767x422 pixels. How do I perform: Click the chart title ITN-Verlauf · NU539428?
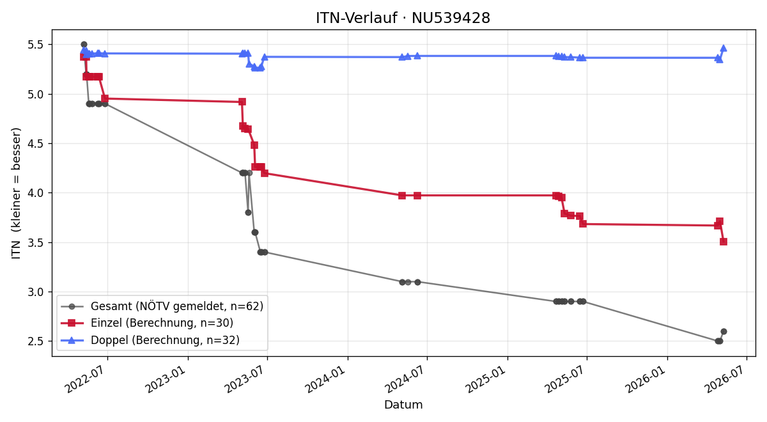point(403,18)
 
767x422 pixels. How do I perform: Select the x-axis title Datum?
point(403,405)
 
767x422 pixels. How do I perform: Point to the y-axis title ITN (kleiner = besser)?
point(16,193)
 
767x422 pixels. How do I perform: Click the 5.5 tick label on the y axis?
point(36,45)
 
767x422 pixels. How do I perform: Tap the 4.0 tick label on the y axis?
point(36,193)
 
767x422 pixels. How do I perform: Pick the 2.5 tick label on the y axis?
point(36,341)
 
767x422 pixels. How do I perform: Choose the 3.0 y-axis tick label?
point(36,292)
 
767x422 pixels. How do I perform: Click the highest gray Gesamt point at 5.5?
point(84,45)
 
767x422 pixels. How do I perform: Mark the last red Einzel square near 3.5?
point(724,242)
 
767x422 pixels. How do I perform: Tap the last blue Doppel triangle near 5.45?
point(724,49)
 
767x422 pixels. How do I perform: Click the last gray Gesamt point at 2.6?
point(724,332)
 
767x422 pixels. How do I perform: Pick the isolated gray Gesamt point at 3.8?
point(248,213)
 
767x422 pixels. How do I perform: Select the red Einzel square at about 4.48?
point(254,145)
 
